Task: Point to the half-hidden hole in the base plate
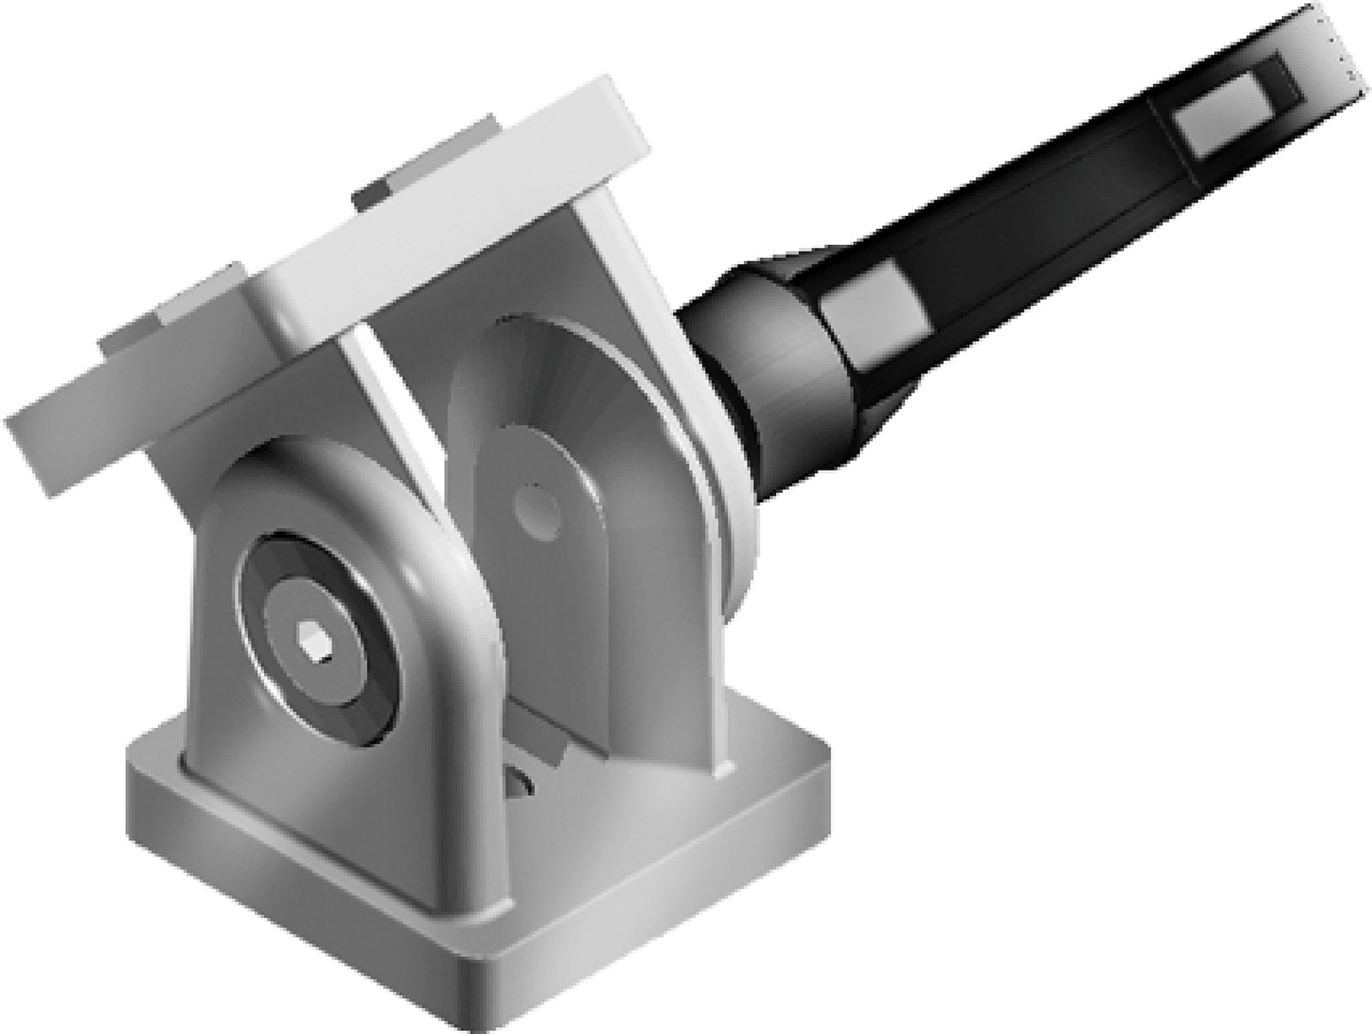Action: tap(521, 782)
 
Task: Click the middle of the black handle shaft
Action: tap(1029, 223)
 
